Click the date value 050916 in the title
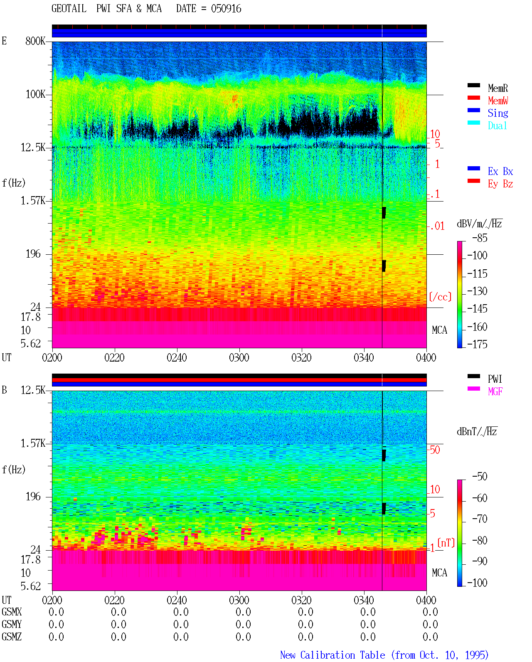[226, 9]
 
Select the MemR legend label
[498, 88]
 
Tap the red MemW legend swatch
[473, 98]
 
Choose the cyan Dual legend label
[497, 126]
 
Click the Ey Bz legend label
[500, 184]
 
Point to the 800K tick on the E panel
[35, 41]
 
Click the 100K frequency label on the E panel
[35, 94]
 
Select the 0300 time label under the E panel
[239, 357]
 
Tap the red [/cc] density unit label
[440, 297]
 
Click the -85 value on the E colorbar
[480, 238]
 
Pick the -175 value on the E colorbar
[477, 344]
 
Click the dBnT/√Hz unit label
[477, 431]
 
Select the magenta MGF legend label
[495, 391]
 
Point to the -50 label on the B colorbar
[480, 477]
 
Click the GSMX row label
[12, 612]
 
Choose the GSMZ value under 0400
[430, 637]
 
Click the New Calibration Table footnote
[384, 655]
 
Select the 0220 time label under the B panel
[114, 600]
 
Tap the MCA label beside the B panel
[439, 573]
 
